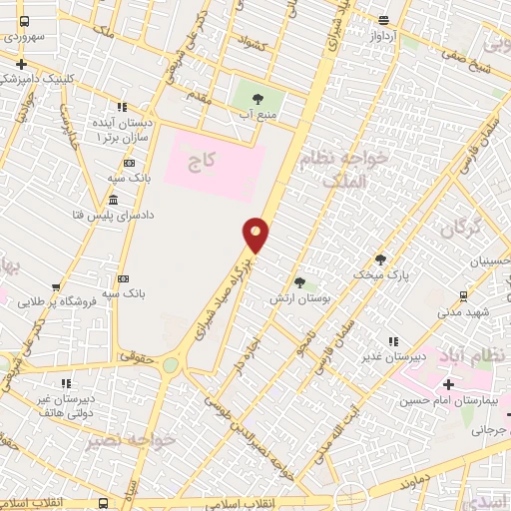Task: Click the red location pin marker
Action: (x=256, y=235)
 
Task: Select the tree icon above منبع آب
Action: (x=258, y=98)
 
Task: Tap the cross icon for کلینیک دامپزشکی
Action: (x=22, y=63)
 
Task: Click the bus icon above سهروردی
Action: (x=25, y=21)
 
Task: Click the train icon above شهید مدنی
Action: (x=463, y=295)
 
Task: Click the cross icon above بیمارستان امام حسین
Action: (x=448, y=384)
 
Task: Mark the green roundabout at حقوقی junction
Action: (x=171, y=365)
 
